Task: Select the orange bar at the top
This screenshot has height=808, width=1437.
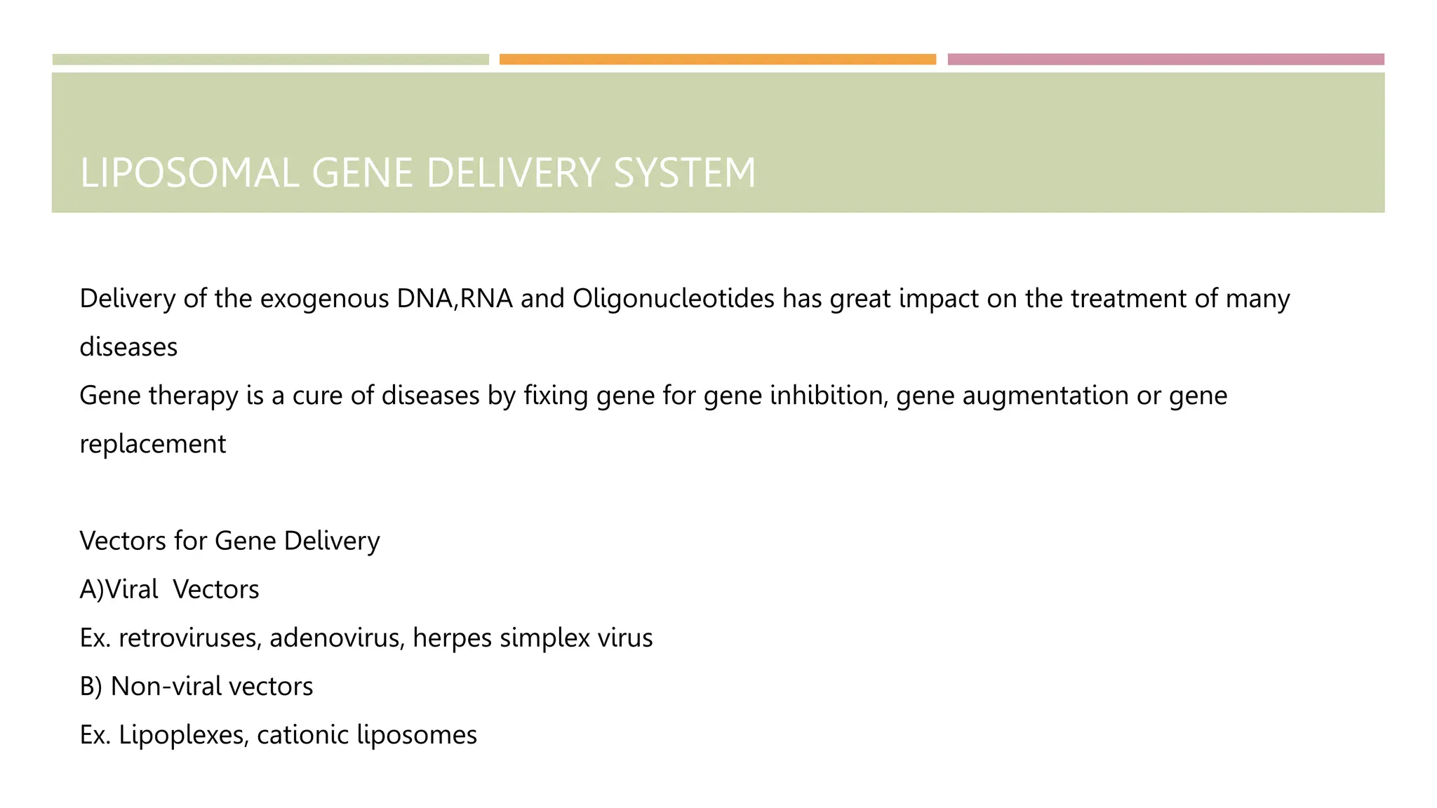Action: pyautogui.click(x=717, y=60)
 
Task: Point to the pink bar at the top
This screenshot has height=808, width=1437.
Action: pyautogui.click(x=1165, y=60)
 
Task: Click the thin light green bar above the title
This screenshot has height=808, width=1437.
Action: pyautogui.click(x=270, y=60)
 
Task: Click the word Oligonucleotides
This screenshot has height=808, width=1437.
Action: pyautogui.click(x=674, y=299)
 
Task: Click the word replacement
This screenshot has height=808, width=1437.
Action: pyautogui.click(x=153, y=444)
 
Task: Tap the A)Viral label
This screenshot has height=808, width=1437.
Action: pyautogui.click(x=119, y=589)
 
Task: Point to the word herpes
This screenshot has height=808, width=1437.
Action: pyautogui.click(x=452, y=638)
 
